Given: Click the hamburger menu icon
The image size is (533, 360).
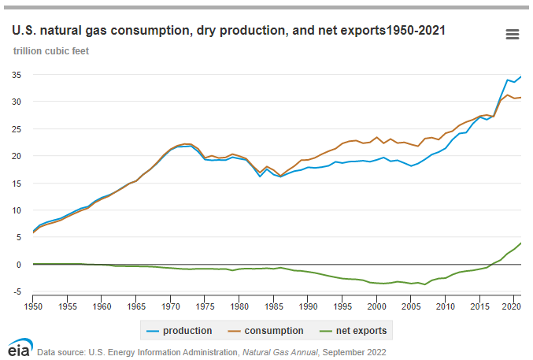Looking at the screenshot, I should coord(512,34).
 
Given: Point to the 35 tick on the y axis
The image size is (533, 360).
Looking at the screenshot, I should coord(15,75).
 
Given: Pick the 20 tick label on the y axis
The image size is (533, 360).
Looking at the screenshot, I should coord(15,156).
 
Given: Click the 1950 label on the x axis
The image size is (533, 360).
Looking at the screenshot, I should coord(33,304).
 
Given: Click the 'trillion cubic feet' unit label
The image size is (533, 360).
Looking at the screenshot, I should coord(50,51).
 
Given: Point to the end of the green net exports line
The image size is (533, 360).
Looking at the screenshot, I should coord(520,243).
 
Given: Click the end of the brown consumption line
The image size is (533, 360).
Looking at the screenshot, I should coord(520,98).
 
